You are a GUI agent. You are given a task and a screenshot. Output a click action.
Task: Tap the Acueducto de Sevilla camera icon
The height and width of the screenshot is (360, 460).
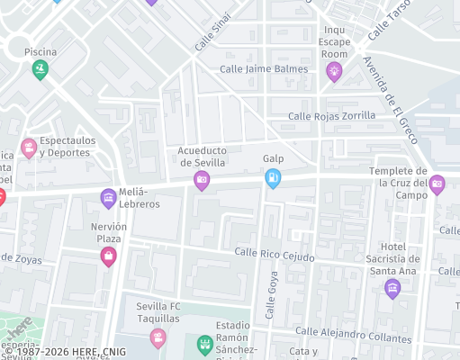coord(202,181)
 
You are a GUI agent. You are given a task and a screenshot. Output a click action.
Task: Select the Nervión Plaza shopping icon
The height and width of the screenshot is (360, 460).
coord(108,257)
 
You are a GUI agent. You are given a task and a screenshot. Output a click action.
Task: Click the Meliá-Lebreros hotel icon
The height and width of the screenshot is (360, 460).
coord(108,197)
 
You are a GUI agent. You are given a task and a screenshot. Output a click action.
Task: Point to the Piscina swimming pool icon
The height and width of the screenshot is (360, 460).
coord(41,69)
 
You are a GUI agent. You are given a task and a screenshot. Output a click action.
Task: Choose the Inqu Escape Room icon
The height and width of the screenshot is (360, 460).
coord(334,72)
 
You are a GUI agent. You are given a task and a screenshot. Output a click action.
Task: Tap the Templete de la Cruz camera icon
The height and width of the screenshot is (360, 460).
coord(437,184)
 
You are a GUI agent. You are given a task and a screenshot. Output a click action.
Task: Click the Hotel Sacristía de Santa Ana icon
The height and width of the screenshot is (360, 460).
coord(392,288)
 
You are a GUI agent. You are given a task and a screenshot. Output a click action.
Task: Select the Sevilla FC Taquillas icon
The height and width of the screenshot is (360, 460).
coord(158,337)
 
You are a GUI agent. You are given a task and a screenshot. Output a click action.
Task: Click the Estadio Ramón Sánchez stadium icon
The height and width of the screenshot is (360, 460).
coord(204,344)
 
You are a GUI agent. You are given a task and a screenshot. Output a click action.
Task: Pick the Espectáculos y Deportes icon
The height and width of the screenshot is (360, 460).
coord(29,147)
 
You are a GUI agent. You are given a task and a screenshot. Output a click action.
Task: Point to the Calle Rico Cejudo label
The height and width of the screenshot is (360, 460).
coord(274,256)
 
